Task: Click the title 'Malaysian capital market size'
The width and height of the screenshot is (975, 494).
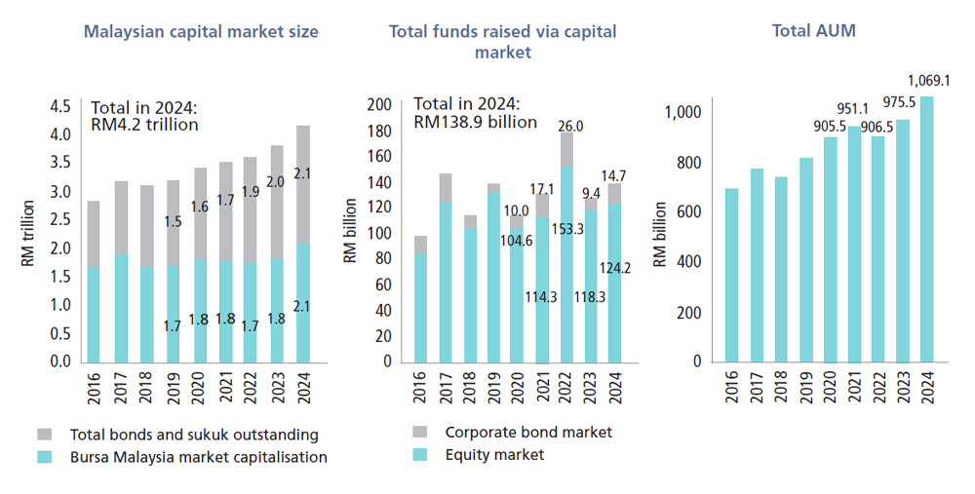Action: click(x=201, y=31)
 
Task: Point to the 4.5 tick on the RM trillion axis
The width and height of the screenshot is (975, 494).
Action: click(x=60, y=106)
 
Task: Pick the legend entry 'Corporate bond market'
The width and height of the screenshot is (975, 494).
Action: click(x=527, y=432)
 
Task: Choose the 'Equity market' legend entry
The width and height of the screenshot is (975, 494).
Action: click(x=494, y=454)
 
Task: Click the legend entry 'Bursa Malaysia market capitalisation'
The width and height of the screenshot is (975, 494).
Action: click(x=198, y=457)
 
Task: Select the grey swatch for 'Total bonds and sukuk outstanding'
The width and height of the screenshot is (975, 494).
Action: click(x=47, y=435)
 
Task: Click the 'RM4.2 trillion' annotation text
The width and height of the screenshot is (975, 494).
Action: click(x=144, y=125)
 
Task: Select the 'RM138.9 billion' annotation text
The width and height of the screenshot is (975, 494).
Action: click(x=475, y=122)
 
